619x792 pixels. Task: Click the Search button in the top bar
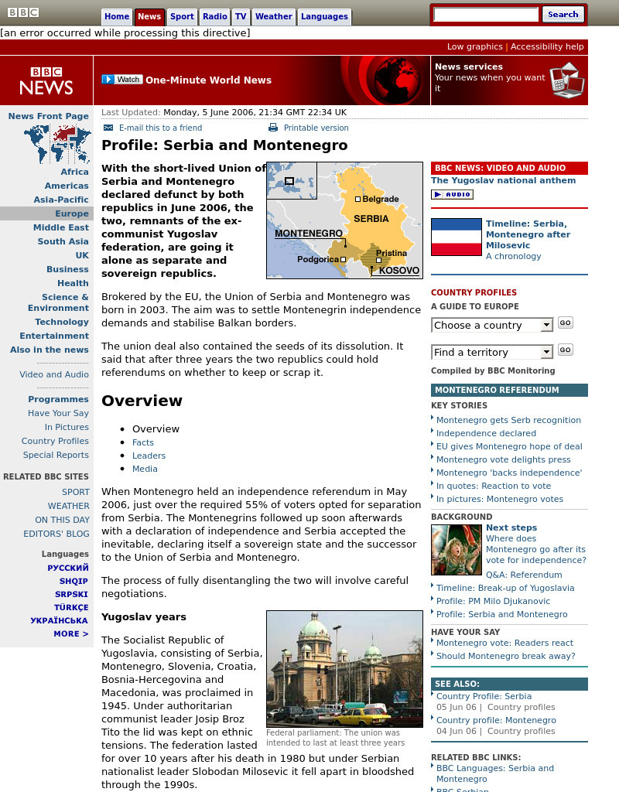point(563,14)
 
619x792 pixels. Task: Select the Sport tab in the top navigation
point(182,16)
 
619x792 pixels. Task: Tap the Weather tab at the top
point(273,16)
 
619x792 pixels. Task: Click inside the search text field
point(485,15)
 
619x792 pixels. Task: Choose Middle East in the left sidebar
point(60,227)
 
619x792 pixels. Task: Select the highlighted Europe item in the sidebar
point(71,213)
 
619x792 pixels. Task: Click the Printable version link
point(316,128)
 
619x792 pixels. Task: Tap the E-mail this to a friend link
point(160,128)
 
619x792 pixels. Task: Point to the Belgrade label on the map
point(380,199)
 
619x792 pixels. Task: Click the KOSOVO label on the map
point(399,271)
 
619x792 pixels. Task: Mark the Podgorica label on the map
point(317,259)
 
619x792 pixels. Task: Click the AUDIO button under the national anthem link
point(452,195)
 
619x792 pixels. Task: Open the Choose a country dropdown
point(491,325)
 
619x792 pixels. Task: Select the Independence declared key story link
point(486,433)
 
